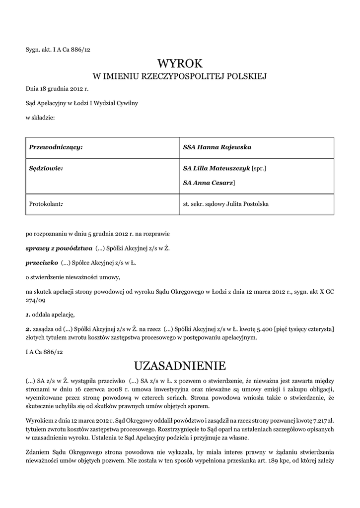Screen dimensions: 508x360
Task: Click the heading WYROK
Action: point(180,63)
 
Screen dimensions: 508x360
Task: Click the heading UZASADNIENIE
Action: point(180,366)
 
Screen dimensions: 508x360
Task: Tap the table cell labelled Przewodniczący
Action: point(56,147)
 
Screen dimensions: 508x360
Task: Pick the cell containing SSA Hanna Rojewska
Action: point(217,147)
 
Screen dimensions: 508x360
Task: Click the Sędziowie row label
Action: point(46,169)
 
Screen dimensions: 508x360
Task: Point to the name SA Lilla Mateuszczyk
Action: point(216,169)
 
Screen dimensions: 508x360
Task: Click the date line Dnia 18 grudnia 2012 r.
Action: point(57,89)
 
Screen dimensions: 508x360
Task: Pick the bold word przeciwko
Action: point(42,262)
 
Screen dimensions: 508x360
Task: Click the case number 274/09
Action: point(36,300)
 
